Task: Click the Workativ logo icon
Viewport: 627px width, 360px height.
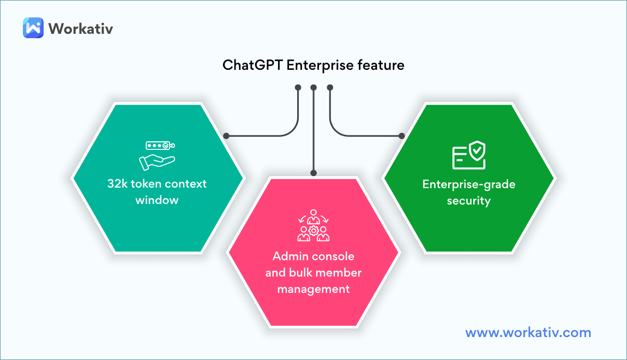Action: [33, 28]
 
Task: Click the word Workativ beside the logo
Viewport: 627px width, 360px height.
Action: [81, 28]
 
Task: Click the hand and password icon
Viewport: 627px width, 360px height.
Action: [158, 154]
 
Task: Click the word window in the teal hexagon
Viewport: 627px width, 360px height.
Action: [157, 200]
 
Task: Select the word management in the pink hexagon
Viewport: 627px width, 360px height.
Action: [314, 289]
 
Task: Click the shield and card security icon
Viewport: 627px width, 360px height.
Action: [469, 155]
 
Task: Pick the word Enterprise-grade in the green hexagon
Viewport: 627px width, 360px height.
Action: [469, 184]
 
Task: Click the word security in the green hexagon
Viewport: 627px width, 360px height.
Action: [469, 201]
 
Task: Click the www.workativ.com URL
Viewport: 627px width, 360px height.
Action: [528, 332]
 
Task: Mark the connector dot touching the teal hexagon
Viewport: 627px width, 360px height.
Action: [226, 136]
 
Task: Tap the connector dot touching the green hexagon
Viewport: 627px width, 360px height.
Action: [402, 136]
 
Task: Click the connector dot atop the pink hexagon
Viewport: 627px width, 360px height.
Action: [314, 173]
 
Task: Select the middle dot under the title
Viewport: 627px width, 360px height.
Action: [314, 87]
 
